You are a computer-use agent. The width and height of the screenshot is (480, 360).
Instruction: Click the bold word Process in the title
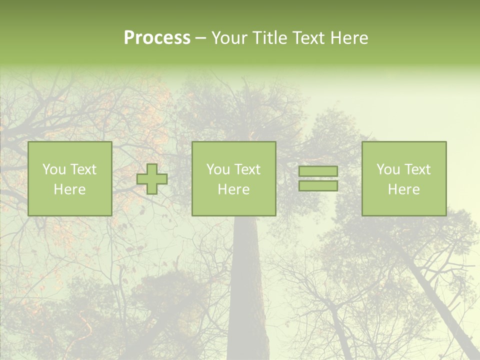157,38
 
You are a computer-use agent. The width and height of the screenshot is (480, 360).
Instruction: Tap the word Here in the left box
69,189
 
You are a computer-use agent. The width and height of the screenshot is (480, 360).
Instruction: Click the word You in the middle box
218,169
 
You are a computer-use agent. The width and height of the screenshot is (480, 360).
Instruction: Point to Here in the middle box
233,189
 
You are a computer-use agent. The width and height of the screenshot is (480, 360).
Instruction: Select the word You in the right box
388,169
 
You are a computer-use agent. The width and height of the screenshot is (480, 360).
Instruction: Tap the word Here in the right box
403,189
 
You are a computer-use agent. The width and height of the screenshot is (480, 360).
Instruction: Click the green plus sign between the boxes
152,179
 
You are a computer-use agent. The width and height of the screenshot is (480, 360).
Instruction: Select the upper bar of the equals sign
318,171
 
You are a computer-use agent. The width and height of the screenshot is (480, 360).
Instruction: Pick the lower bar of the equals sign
318,186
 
